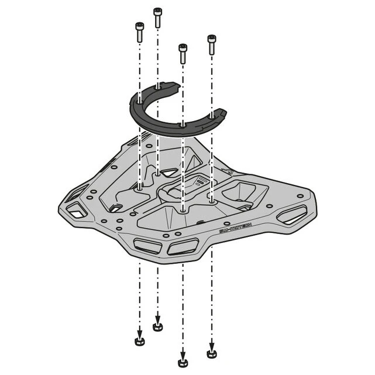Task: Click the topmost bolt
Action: pos(157,17)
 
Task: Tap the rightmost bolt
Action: pos(212,44)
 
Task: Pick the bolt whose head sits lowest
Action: pos(183,53)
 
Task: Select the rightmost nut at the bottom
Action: pos(212,353)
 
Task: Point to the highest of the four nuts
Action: pos(157,326)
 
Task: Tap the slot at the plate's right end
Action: pos(291,214)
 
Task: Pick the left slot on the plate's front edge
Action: pos(147,246)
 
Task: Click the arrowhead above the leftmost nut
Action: pos(139,332)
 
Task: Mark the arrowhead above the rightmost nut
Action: pos(212,344)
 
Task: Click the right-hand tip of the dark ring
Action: pos(221,113)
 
